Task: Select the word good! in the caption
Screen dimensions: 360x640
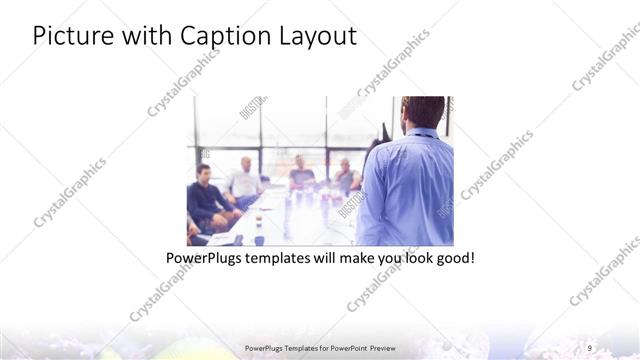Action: pos(451,258)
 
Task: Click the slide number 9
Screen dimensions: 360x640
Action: pos(590,348)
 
